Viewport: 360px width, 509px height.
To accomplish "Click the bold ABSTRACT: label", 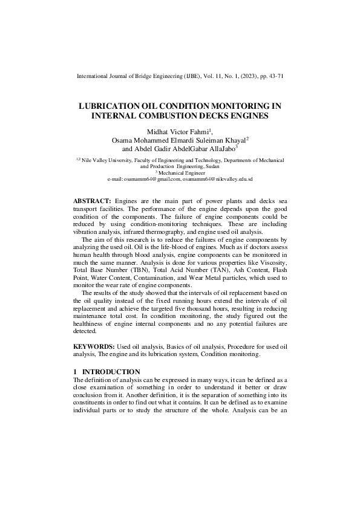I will pos(92,200).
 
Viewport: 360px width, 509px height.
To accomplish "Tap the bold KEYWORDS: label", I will pos(94,346).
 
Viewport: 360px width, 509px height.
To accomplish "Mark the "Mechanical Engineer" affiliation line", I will pos(180,172).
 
